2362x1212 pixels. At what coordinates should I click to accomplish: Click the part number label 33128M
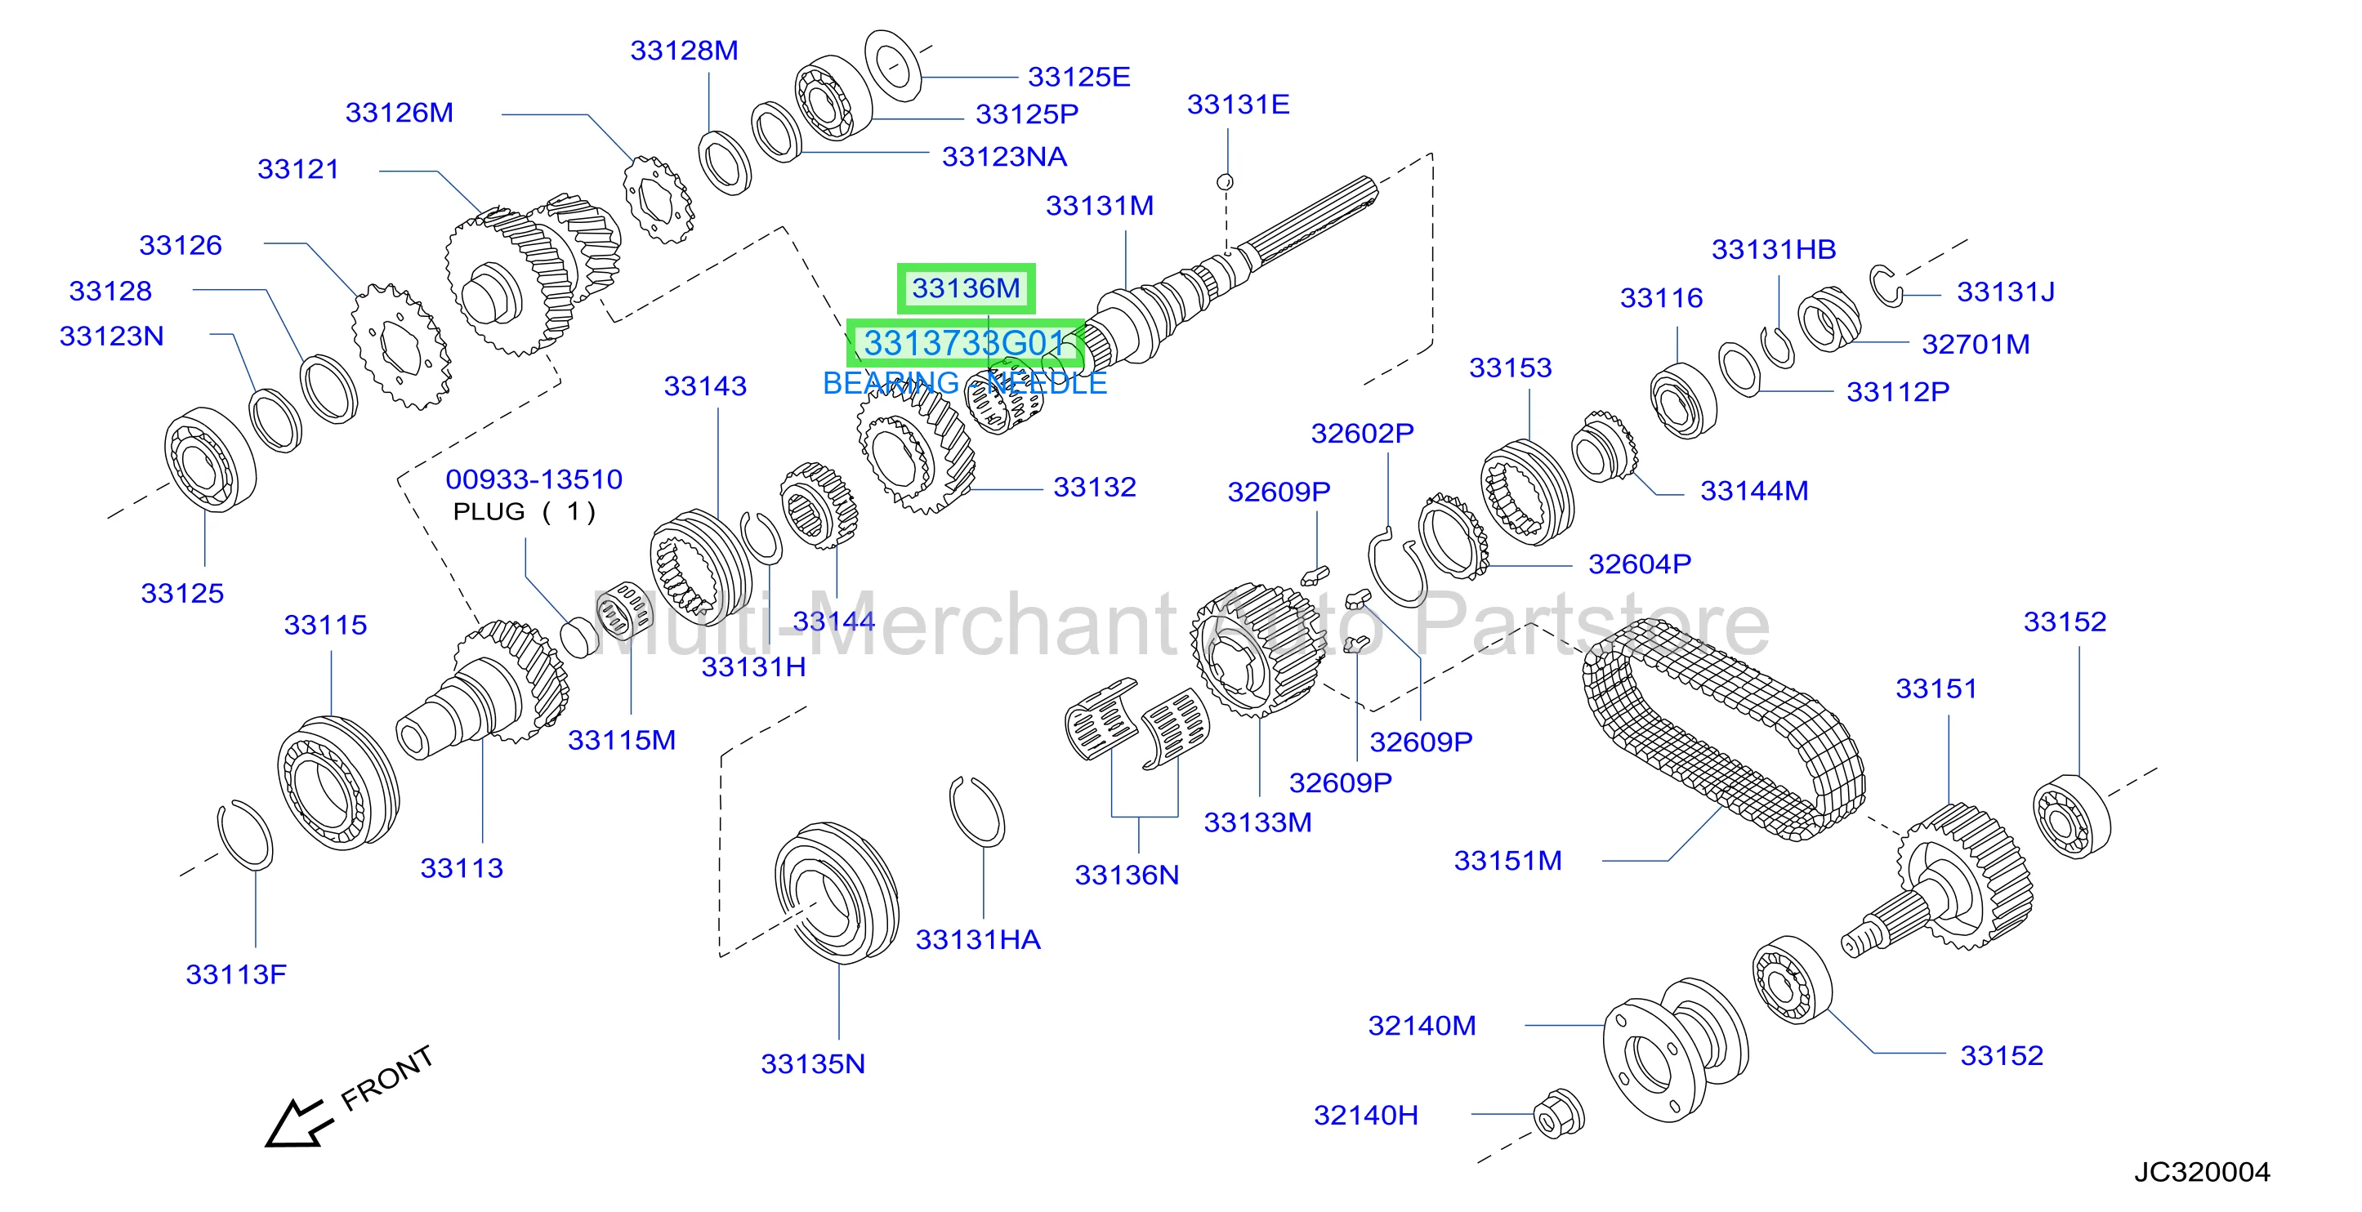click(684, 51)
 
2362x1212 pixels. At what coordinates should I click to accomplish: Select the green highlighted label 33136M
click(966, 289)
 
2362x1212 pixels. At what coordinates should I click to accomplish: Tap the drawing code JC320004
click(2202, 1172)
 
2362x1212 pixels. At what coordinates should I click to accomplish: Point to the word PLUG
click(489, 511)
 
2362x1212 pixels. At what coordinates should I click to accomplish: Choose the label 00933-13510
click(534, 479)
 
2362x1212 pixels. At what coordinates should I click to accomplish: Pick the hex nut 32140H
click(1559, 1113)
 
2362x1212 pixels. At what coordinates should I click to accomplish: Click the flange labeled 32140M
click(1674, 1047)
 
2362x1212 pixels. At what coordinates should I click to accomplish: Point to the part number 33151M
click(1507, 861)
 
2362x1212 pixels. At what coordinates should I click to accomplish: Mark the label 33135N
click(812, 1063)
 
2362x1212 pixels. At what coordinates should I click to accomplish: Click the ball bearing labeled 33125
click(210, 458)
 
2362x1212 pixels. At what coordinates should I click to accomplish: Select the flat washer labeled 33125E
click(892, 65)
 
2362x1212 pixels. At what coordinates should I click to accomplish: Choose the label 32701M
click(1975, 344)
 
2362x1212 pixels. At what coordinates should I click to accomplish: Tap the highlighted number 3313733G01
click(966, 344)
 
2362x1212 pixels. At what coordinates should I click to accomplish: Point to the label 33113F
click(235, 974)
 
